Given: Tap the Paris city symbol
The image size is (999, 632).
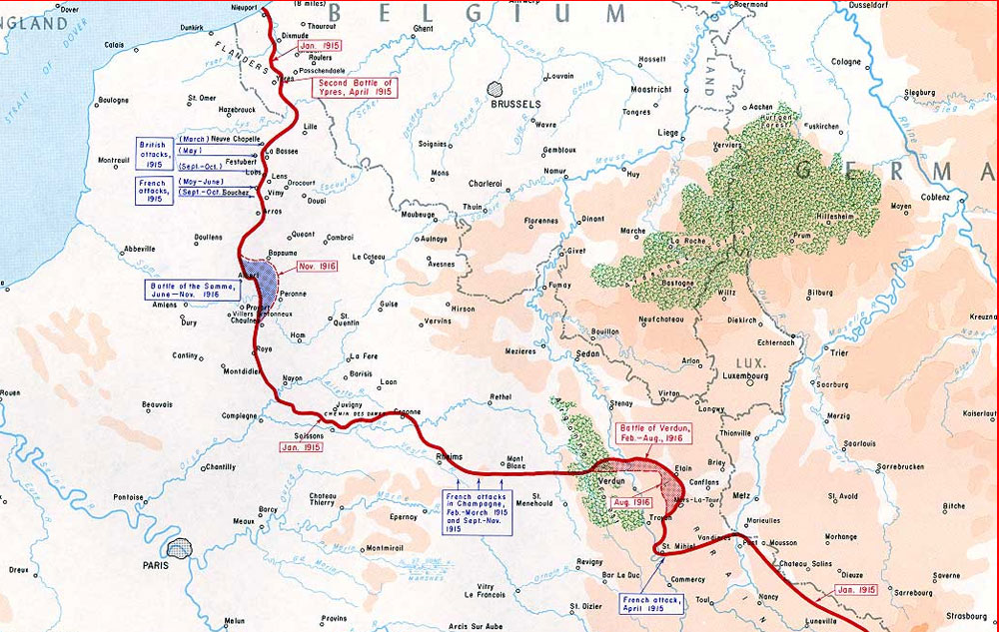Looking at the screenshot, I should (180, 548).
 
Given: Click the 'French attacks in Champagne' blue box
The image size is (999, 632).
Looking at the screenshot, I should (479, 512).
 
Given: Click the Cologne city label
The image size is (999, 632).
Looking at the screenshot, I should (845, 62).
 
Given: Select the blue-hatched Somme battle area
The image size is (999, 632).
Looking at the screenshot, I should (262, 279).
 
